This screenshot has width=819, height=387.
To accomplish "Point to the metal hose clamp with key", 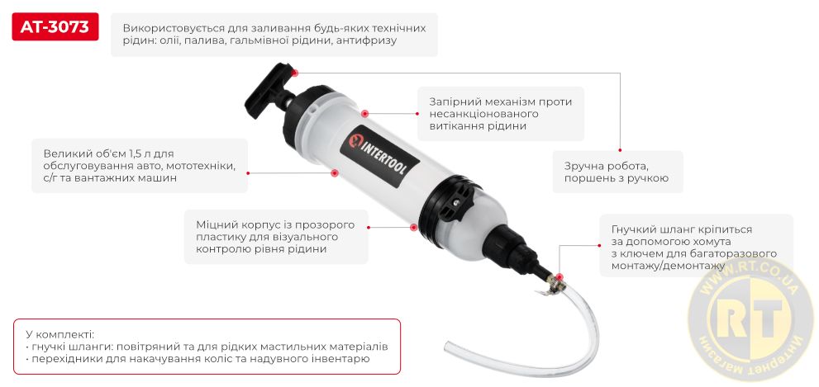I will [x=552, y=286].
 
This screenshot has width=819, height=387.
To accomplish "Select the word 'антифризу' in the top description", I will [x=368, y=40].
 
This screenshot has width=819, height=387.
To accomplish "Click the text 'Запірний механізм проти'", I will [x=500, y=101].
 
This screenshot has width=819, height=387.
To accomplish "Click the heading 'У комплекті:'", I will [x=60, y=334].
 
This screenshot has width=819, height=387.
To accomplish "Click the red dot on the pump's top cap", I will [x=365, y=112].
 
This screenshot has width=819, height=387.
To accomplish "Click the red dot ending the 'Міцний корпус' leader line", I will [x=413, y=224].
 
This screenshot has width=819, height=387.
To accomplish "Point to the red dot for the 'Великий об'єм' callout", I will [x=335, y=172].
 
